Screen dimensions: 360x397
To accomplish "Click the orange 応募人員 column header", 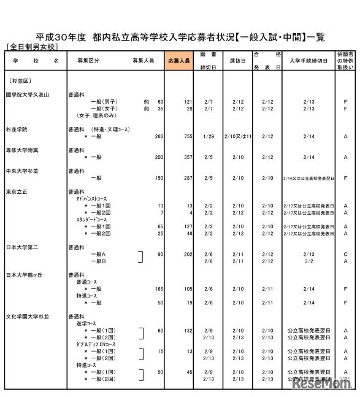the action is (178, 61).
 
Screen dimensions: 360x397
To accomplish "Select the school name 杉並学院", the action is (17, 130).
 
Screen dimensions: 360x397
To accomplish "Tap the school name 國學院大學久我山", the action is (27, 94).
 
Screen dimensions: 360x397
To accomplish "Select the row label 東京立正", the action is (17, 191).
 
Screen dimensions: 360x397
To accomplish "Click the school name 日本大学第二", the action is (22, 247).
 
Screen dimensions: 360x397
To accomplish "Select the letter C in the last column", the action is (346, 253).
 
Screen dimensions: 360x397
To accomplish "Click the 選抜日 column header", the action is (238, 61).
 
